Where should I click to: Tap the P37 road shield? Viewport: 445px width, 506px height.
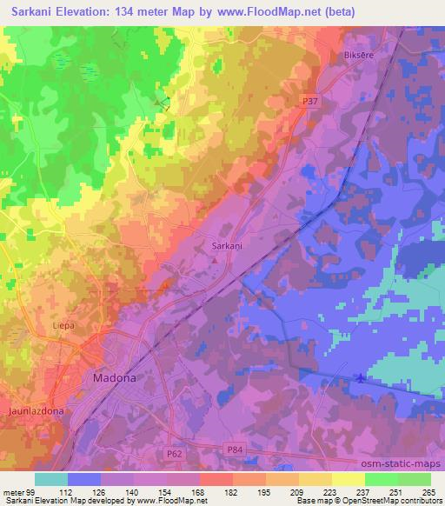[309, 101]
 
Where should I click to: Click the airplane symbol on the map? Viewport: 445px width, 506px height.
[362, 377]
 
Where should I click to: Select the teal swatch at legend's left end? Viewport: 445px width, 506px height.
[51, 479]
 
